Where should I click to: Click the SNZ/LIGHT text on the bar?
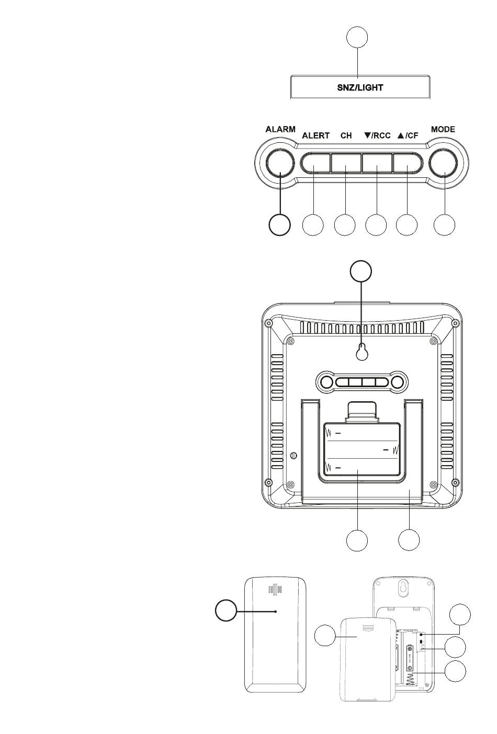click(x=360, y=87)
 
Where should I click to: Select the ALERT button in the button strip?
click(x=315, y=163)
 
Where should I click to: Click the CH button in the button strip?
click(x=346, y=163)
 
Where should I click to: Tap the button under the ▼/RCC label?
click(x=377, y=163)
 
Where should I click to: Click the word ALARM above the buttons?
click(x=280, y=129)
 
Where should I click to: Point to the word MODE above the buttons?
click(x=443, y=129)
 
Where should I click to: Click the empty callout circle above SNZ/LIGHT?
click(x=357, y=37)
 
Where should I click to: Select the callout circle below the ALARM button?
click(x=279, y=225)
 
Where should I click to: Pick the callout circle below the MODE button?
click(x=444, y=225)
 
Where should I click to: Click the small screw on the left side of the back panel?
click(x=294, y=455)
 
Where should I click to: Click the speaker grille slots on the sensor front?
click(x=275, y=589)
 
